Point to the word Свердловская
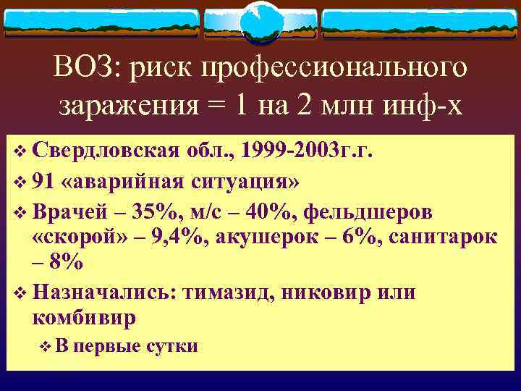coord(106,151)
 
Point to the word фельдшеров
coord(369,211)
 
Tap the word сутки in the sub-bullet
coord(171,346)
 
